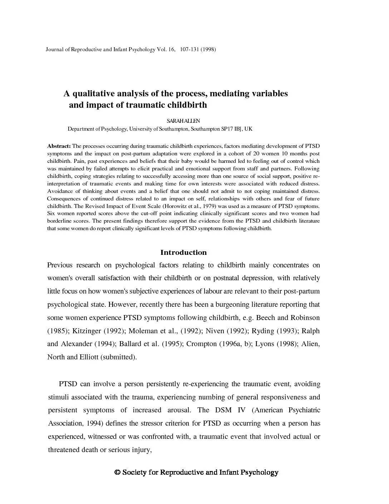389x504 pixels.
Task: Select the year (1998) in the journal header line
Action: click(x=208, y=49)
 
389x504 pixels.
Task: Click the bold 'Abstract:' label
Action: click(x=59, y=146)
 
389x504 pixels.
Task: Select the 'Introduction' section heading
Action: click(x=183, y=252)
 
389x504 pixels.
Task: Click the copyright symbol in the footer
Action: click(x=117, y=472)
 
